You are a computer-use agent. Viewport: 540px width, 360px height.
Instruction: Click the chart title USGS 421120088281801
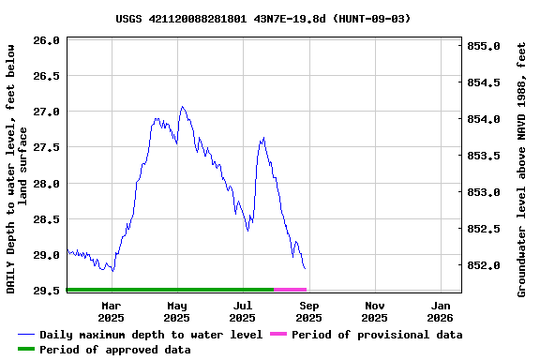click(x=263, y=18)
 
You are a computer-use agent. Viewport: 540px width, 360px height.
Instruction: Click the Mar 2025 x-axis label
click(x=111, y=311)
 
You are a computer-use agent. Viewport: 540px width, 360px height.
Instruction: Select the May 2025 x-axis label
click(x=176, y=311)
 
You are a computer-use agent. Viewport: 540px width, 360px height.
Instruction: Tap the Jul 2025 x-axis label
click(x=243, y=311)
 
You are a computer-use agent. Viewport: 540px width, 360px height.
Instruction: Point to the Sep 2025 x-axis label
click(x=309, y=311)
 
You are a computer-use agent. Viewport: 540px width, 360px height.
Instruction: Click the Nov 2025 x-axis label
click(x=375, y=311)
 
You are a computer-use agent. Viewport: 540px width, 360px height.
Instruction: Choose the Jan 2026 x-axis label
click(x=442, y=311)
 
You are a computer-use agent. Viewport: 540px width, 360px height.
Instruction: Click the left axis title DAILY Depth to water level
click(x=17, y=169)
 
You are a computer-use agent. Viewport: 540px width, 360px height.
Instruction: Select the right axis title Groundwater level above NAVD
click(x=522, y=169)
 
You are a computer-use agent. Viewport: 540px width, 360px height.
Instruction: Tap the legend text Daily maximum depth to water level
click(x=151, y=335)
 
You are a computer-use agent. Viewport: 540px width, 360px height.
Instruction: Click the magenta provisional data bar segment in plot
click(x=290, y=290)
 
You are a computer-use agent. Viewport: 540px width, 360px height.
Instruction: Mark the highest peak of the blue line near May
click(x=182, y=107)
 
